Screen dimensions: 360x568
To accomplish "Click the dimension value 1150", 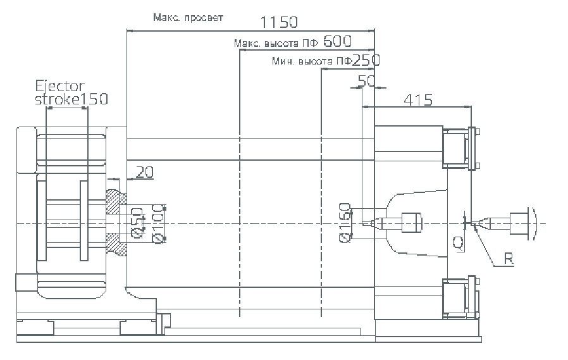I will coord(279,22).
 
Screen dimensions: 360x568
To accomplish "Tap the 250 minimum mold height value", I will coord(366,61).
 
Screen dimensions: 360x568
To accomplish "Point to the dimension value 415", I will coord(417,99).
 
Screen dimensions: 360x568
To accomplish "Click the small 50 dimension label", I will coord(366,80).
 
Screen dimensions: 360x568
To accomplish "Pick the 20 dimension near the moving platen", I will coord(144,171).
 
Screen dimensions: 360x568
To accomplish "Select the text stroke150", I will coord(71,99).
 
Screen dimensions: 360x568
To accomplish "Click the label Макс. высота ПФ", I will coord(276,43).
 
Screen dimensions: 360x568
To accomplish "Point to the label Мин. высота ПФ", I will coord(311,61).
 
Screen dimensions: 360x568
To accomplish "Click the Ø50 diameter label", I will coord(136,223).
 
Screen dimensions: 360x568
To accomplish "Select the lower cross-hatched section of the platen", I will coord(114,241).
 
